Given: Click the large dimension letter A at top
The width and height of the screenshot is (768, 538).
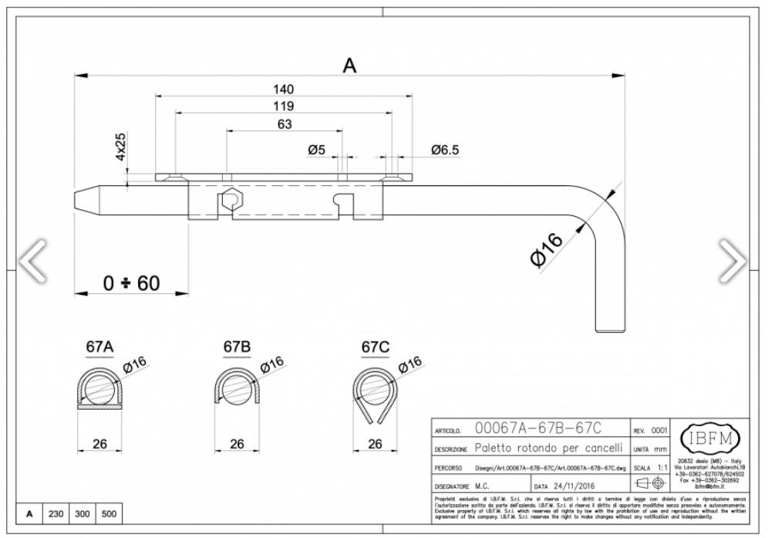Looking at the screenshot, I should point(349,66).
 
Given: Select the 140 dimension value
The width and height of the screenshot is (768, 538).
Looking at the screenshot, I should point(283,90).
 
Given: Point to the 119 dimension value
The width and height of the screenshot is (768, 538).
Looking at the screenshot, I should point(283,106).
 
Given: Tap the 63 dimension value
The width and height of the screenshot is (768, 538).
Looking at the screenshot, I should point(283,124).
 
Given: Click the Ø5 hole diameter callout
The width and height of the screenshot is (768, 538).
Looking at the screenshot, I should point(316,150).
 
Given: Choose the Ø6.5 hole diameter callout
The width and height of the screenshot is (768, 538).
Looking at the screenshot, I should point(445,150).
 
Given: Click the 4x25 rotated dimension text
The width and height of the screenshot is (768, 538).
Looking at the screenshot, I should point(121,146).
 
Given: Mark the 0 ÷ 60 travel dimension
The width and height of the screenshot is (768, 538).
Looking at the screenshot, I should point(132,283).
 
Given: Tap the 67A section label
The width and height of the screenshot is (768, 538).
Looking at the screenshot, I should point(99,347).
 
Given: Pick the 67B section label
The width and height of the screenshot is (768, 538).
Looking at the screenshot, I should point(237,347).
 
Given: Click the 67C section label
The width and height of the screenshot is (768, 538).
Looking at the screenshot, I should point(375,347).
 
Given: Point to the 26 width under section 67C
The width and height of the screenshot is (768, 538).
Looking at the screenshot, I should point(375,444).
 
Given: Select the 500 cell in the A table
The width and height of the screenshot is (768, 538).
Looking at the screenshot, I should point(109,513).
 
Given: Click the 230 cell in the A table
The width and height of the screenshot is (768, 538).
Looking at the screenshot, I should point(56,513).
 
